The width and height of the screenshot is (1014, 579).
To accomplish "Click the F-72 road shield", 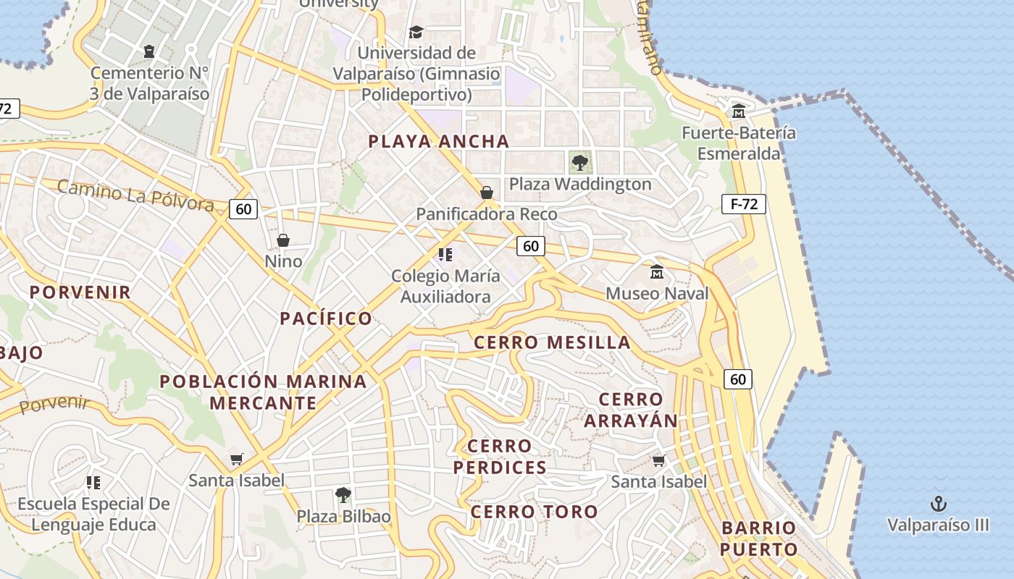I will (743, 204).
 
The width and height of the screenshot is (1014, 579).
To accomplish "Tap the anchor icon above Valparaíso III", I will (938, 504).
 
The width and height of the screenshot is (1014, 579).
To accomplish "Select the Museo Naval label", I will (657, 293).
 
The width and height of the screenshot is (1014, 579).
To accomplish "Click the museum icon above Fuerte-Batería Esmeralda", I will (738, 111).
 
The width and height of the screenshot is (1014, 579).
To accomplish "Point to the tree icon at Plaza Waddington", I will (579, 162).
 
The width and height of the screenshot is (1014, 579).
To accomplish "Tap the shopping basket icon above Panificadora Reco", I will (487, 193).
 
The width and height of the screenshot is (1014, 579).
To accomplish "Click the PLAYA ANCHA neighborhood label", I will (439, 141).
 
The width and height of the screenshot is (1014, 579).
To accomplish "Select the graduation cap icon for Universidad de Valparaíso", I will (416, 32).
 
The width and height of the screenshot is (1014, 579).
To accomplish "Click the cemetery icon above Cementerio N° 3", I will (149, 51).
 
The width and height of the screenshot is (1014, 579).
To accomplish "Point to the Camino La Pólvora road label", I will (135, 195).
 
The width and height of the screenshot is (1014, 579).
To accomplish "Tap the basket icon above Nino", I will (283, 240).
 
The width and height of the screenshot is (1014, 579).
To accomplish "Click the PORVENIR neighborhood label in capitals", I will (80, 292).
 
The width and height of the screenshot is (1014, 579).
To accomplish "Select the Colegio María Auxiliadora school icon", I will (445, 255).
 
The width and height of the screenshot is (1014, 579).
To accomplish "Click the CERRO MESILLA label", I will (552, 342).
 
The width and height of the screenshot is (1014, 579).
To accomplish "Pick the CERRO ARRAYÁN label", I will (631, 410).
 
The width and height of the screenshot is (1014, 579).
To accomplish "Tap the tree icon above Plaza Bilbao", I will (343, 495).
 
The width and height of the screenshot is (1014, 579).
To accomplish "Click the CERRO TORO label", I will (535, 512).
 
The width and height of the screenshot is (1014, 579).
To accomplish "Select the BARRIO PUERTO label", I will (759, 538).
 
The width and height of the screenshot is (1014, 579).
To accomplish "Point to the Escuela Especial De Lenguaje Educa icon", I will (93, 482).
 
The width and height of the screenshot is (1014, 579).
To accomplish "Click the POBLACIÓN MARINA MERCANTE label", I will (263, 392).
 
